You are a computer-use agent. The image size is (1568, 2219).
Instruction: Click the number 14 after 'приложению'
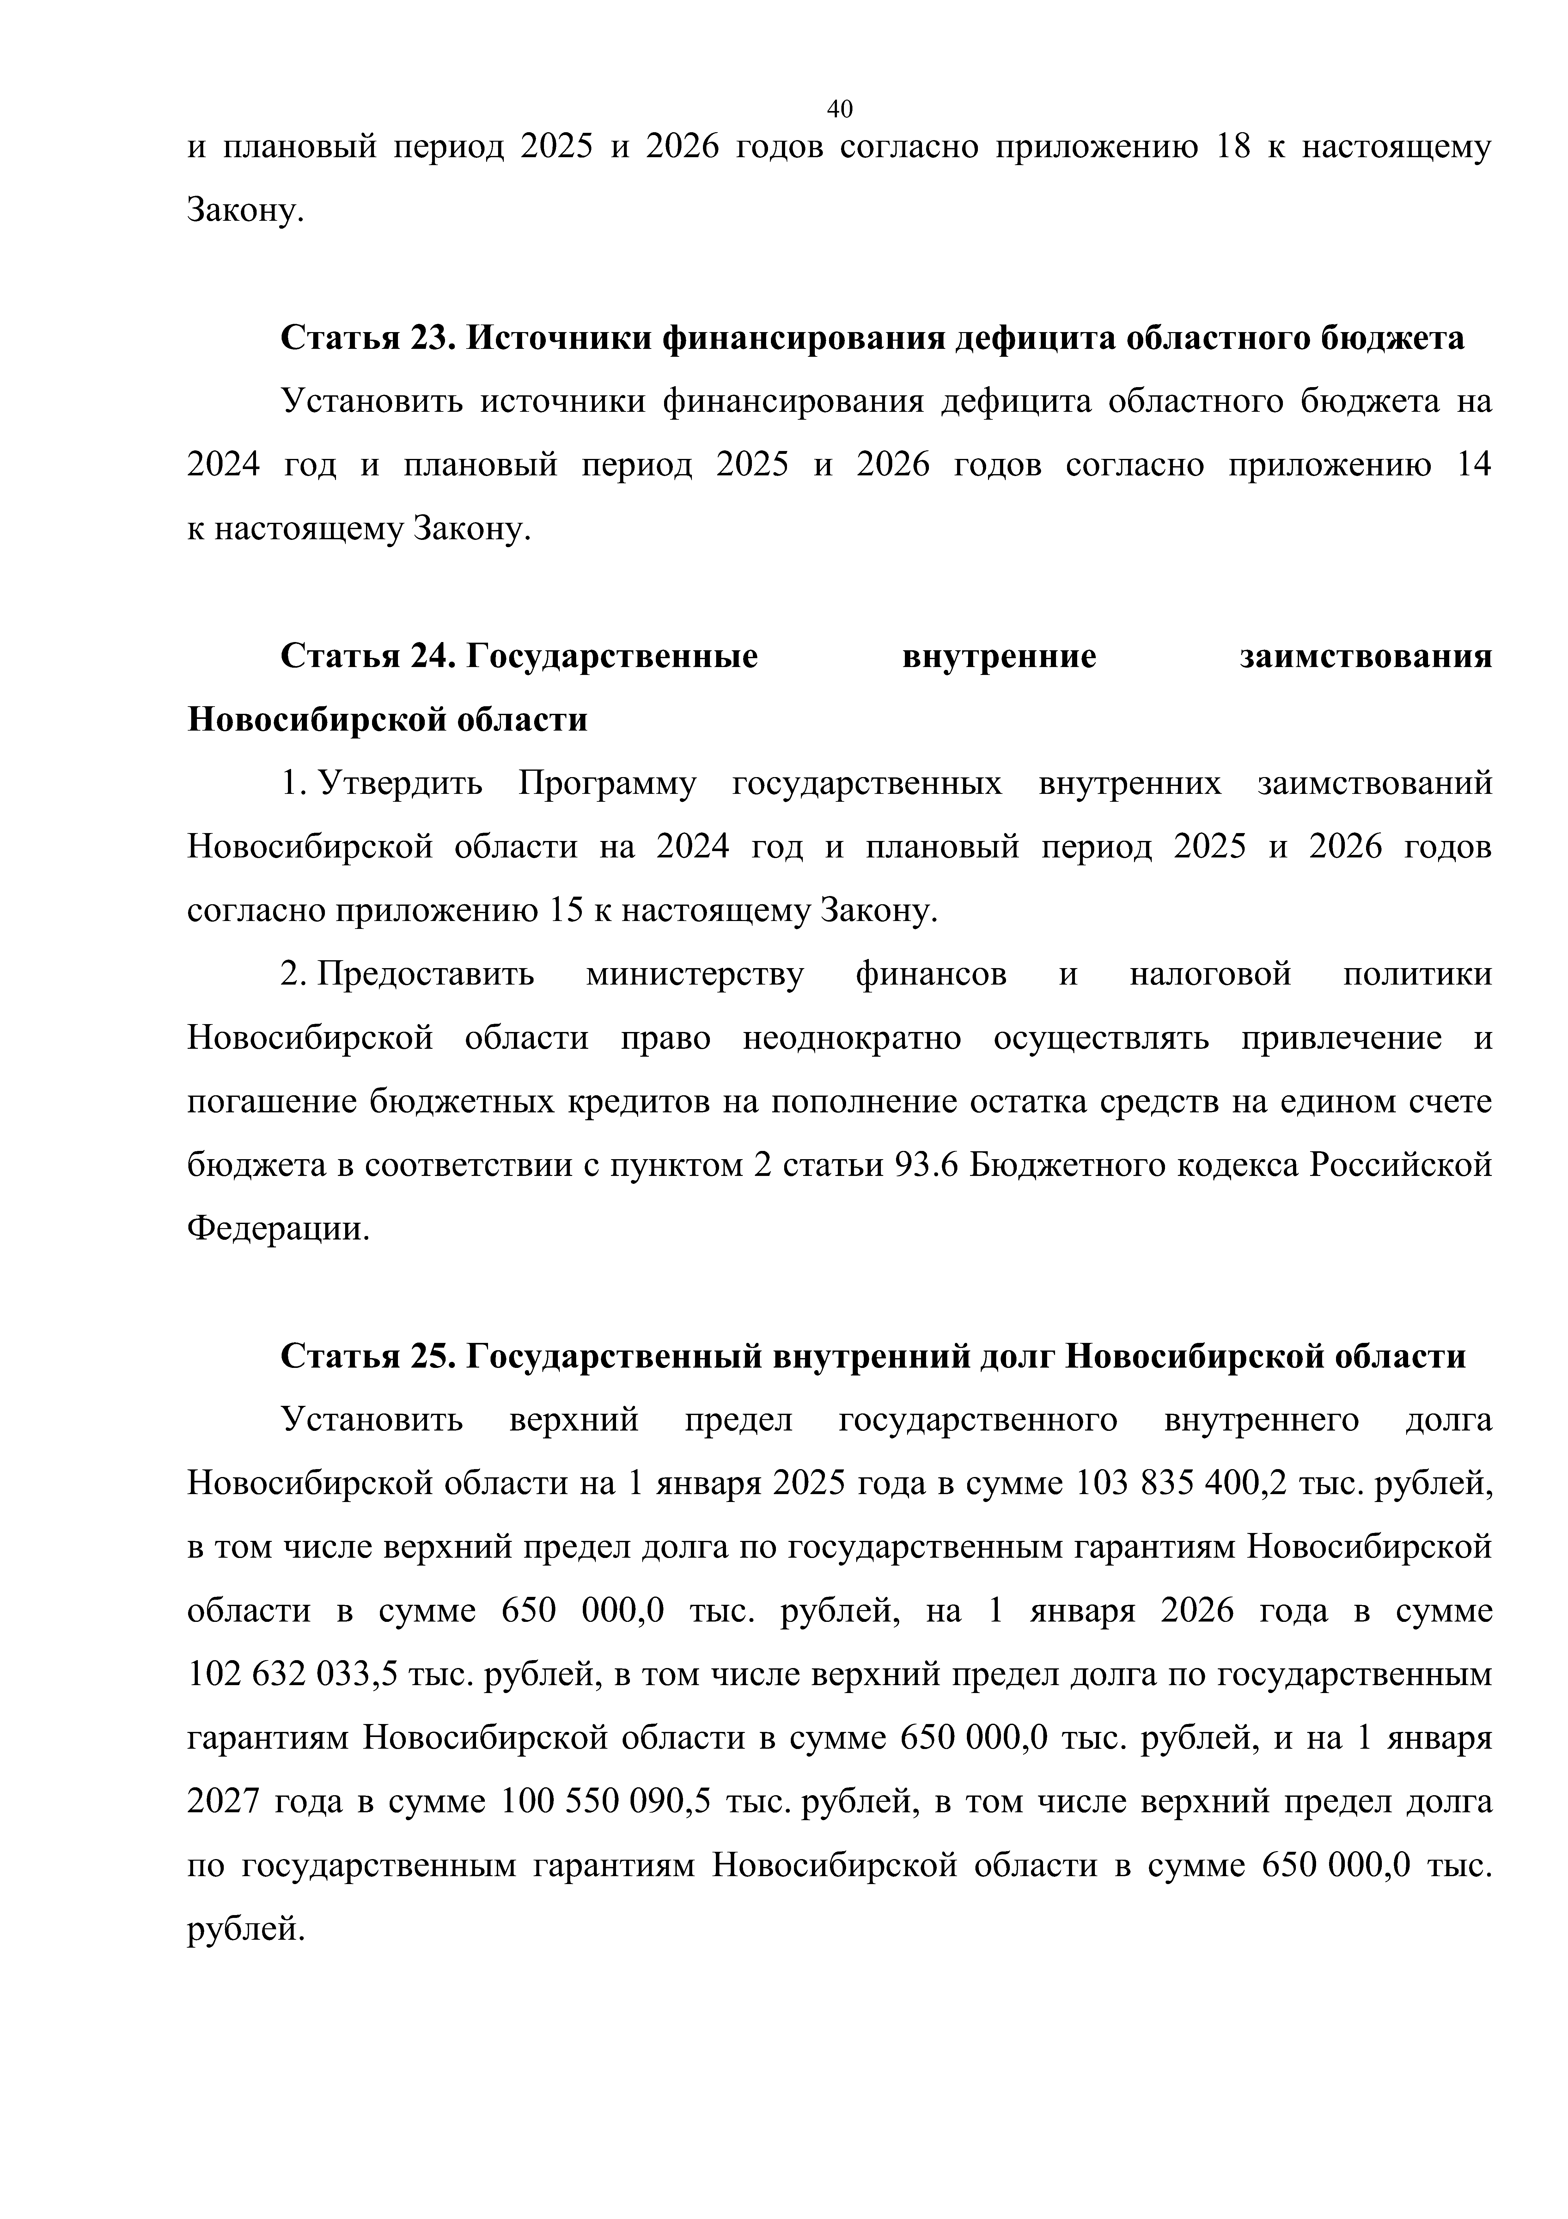[x=1472, y=466]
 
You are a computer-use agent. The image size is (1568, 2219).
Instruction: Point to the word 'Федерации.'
[x=278, y=1229]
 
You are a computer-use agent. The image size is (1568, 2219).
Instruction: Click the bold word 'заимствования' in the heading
[x=1365, y=657]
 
